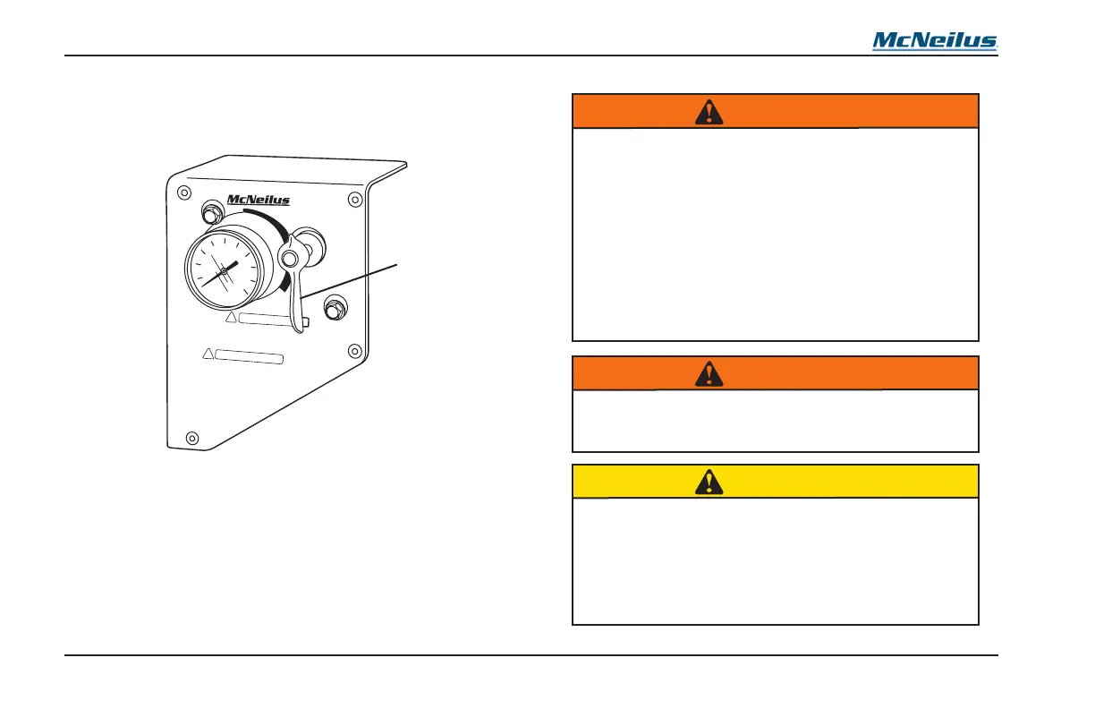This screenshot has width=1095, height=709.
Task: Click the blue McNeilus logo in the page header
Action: pos(935,41)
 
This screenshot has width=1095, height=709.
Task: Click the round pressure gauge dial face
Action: pos(224,270)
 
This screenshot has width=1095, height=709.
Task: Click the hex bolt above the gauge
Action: pos(213,214)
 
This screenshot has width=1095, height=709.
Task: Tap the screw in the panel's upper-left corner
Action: pos(183,192)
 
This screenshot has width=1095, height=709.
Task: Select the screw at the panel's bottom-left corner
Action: pos(191,437)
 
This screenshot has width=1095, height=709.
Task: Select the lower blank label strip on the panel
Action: pos(250,358)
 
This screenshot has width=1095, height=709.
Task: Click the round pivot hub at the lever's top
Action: pos(288,259)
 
